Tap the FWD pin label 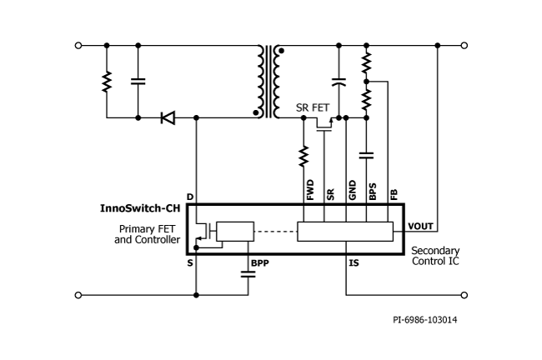310,191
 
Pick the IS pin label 354,263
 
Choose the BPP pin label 259,263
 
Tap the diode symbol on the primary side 168,118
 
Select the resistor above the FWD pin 304,155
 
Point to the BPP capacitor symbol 248,277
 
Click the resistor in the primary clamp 106,82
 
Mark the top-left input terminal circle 78,45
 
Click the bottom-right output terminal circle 464,294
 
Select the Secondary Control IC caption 435,256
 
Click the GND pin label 351,191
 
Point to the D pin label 190,197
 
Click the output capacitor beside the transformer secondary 338,82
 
